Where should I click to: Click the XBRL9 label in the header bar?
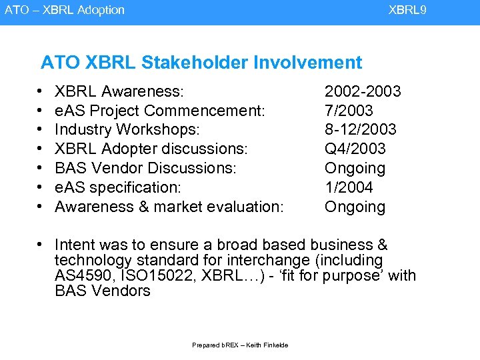tap(407, 10)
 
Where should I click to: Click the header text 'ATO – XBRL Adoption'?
tap(65, 10)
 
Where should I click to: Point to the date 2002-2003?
tap(362, 91)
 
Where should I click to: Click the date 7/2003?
tap(349, 110)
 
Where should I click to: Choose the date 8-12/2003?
tap(360, 129)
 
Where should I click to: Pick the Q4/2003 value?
tap(355, 149)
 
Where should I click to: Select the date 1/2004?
tap(349, 187)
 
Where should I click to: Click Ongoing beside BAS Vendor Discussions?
tap(355, 168)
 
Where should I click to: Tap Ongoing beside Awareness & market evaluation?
tap(355, 207)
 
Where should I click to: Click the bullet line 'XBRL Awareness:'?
tap(119, 91)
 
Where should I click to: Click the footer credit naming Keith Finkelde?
tap(240, 345)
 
